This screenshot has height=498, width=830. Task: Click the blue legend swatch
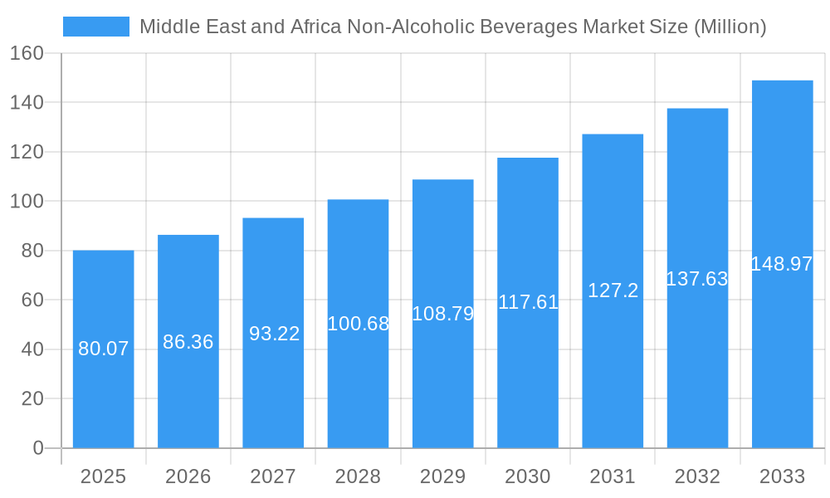[96, 27]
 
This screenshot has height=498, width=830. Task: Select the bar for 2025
[104, 349]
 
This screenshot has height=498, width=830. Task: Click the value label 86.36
[188, 342]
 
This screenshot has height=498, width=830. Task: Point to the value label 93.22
[275, 334]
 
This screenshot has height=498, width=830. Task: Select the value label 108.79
[443, 314]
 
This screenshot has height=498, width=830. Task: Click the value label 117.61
[528, 302]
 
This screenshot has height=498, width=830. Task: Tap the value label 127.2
[613, 290]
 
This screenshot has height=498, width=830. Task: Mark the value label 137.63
[697, 279]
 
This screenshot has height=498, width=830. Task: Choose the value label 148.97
[782, 264]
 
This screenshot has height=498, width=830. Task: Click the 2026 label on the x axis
[188, 476]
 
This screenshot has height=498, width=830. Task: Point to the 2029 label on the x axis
[443, 476]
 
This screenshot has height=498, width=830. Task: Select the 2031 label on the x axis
[613, 476]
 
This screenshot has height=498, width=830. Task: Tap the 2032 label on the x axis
[697, 476]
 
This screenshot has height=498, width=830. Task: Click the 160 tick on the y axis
[27, 53]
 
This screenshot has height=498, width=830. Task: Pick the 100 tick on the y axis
[27, 201]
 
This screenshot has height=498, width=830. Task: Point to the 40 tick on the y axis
[32, 349]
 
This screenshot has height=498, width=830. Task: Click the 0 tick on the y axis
[38, 448]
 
